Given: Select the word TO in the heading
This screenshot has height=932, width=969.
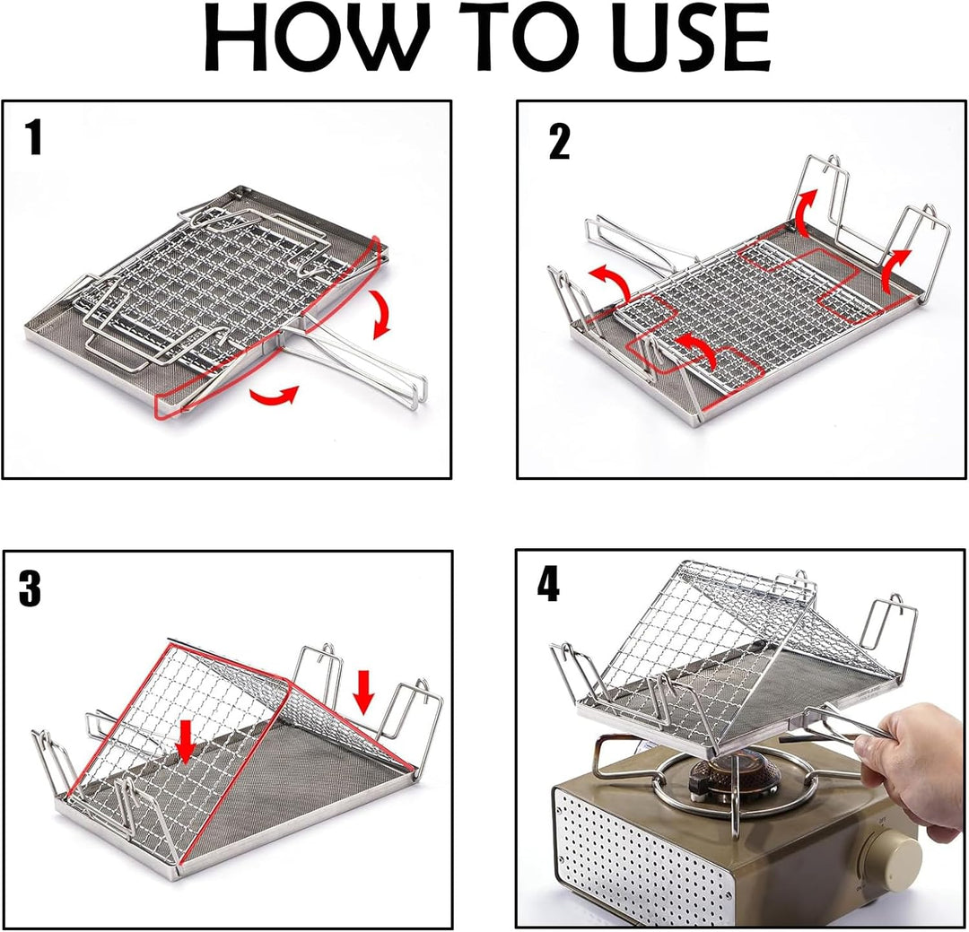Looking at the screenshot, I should coord(492,40).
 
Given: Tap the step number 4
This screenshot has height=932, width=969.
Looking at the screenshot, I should coord(548,585).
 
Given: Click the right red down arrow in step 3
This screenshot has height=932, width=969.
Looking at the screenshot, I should coord(364,692).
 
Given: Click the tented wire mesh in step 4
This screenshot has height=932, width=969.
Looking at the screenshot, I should coord(718,628).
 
